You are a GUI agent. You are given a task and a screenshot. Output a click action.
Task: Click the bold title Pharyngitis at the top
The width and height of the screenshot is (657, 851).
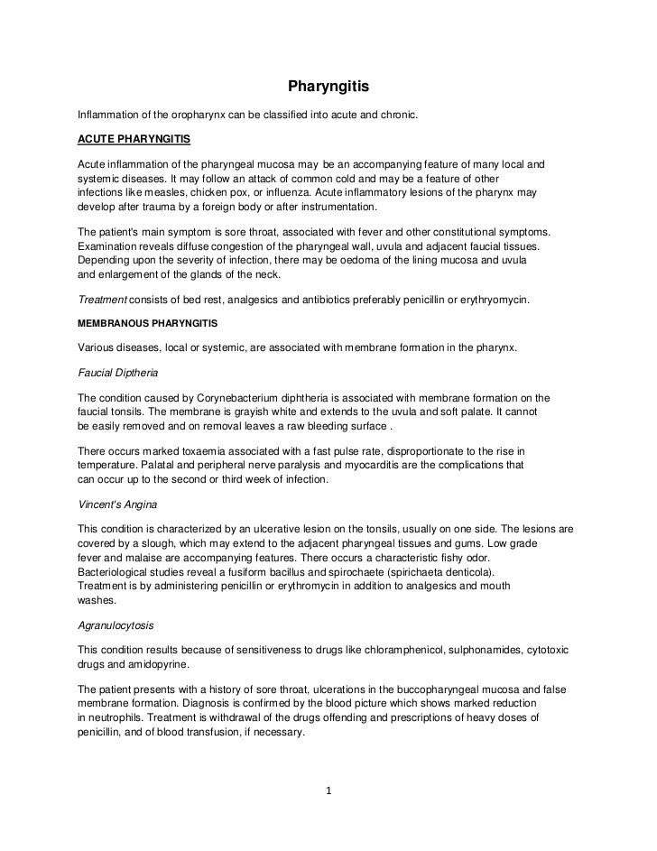329,88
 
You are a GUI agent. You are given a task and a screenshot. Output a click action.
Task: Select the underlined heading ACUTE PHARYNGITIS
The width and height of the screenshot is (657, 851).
134,141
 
